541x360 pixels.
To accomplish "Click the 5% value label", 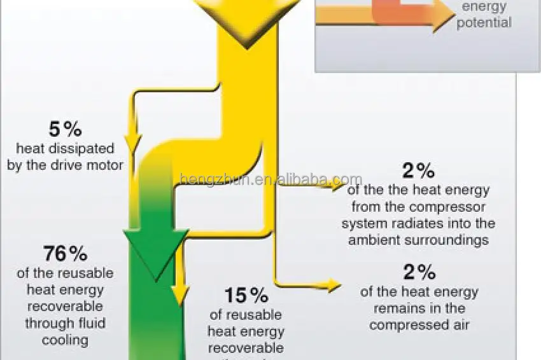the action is [66, 129].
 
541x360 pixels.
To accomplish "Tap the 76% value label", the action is [66, 254].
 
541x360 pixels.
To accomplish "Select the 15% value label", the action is [246, 295].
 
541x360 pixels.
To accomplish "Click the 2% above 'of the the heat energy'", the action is [418, 170].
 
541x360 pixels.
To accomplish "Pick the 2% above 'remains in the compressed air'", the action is [419, 272].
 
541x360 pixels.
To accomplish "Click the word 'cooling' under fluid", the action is [65, 340].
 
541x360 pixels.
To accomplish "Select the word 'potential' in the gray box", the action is [484, 23].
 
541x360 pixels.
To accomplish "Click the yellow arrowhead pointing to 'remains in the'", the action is [335, 286].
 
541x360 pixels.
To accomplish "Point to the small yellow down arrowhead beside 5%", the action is [134, 144].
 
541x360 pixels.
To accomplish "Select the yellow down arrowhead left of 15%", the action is [181, 293].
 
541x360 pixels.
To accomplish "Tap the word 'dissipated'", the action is [83, 149].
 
